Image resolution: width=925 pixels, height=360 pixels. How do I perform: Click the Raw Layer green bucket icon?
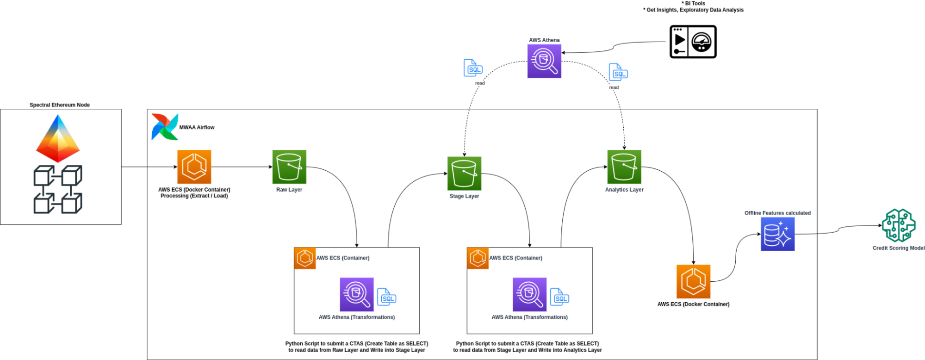(x=289, y=167)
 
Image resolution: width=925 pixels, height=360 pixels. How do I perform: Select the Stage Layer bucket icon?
(x=464, y=174)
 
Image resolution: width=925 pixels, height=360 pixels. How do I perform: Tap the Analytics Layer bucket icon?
(x=624, y=167)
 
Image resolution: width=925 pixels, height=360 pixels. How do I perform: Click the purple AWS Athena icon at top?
(x=544, y=61)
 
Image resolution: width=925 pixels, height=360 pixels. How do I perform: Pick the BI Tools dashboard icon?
(x=693, y=42)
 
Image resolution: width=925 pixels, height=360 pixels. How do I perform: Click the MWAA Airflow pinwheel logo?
(x=164, y=127)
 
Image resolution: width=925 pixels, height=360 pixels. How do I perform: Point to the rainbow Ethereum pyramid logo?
(x=58, y=138)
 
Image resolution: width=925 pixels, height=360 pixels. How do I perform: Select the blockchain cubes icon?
(x=58, y=189)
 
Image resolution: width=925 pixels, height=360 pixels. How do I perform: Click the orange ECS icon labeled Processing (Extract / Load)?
(x=194, y=167)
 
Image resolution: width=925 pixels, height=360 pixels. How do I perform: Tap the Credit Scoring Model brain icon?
(x=899, y=225)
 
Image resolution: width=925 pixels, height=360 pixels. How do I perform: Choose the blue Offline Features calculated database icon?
(x=777, y=234)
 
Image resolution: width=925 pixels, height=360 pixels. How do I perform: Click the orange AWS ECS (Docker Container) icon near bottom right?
(x=693, y=281)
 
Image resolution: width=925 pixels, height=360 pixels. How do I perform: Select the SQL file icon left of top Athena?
(x=473, y=68)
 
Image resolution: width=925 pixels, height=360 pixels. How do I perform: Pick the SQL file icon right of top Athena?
(x=618, y=72)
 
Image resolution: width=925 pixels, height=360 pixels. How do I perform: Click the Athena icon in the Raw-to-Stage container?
(x=356, y=294)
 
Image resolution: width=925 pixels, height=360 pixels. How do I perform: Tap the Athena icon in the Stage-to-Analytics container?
(x=529, y=294)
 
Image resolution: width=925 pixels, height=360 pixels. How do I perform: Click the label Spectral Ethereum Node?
(x=60, y=105)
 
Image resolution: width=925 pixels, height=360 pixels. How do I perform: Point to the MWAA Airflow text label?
(x=197, y=127)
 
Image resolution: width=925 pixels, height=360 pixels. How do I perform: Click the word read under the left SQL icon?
(x=480, y=83)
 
